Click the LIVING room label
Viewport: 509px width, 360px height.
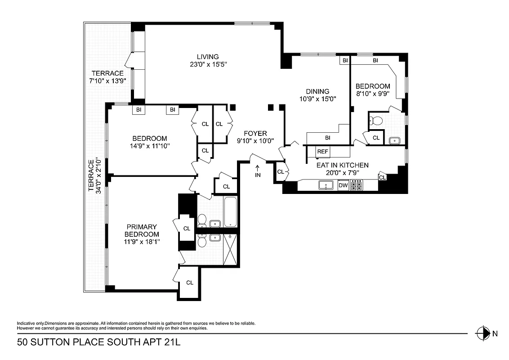[x=207, y=57]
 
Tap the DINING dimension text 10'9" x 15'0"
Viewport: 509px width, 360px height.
[x=318, y=99]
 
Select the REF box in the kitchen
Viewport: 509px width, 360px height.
[x=322, y=152]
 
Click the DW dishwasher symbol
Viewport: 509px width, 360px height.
[x=343, y=185]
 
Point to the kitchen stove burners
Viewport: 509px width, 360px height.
[x=357, y=185]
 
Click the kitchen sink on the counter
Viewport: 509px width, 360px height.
[x=326, y=185]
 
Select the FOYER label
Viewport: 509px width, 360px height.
[x=255, y=133]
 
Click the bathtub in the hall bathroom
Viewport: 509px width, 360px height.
[x=230, y=211]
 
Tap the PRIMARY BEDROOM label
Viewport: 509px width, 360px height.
[x=142, y=230]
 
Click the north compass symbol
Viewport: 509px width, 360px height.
[x=483, y=333]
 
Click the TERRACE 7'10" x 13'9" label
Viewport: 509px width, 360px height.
[x=108, y=77]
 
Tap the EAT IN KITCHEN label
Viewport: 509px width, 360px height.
[x=343, y=165]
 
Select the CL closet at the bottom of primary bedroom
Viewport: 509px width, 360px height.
[x=190, y=283]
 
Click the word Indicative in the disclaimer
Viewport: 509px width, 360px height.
[x=26, y=324]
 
